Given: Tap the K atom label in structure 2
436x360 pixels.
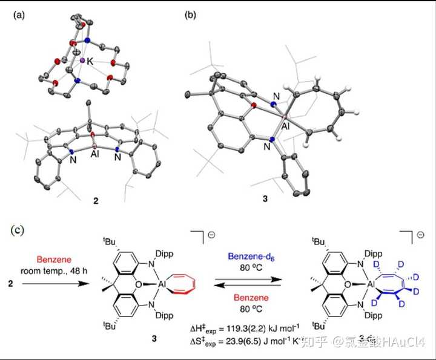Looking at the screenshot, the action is tap(90, 62).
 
